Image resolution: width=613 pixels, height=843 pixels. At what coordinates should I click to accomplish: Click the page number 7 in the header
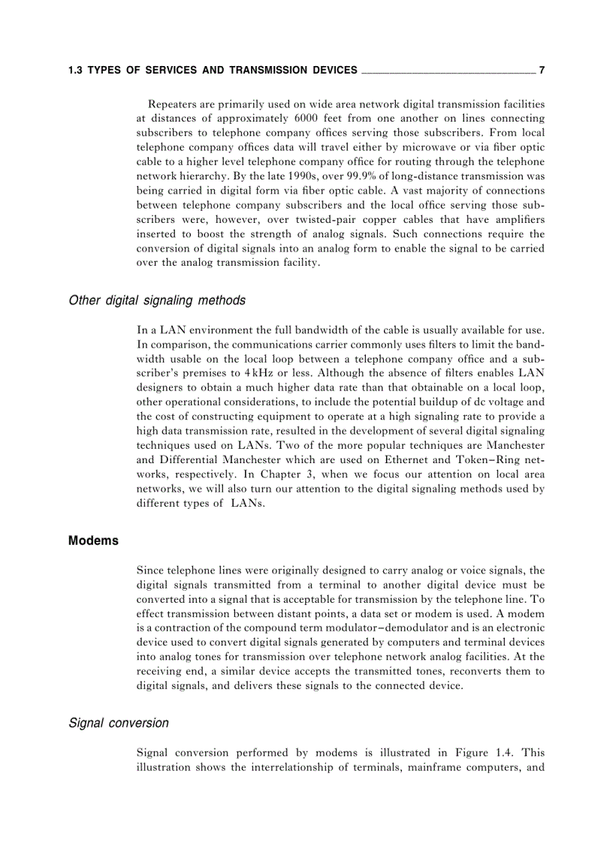[x=542, y=71]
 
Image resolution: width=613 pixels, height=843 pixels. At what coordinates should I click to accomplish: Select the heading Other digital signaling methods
[x=157, y=300]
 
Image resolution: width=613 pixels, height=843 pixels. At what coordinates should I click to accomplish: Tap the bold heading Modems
[x=93, y=540]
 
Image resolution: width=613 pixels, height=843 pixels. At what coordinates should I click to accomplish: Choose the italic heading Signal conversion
[x=119, y=723]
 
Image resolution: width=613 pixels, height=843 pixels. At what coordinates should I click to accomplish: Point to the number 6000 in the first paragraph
[x=310, y=118]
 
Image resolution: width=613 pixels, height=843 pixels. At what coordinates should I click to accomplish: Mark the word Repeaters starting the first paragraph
[x=174, y=104]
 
